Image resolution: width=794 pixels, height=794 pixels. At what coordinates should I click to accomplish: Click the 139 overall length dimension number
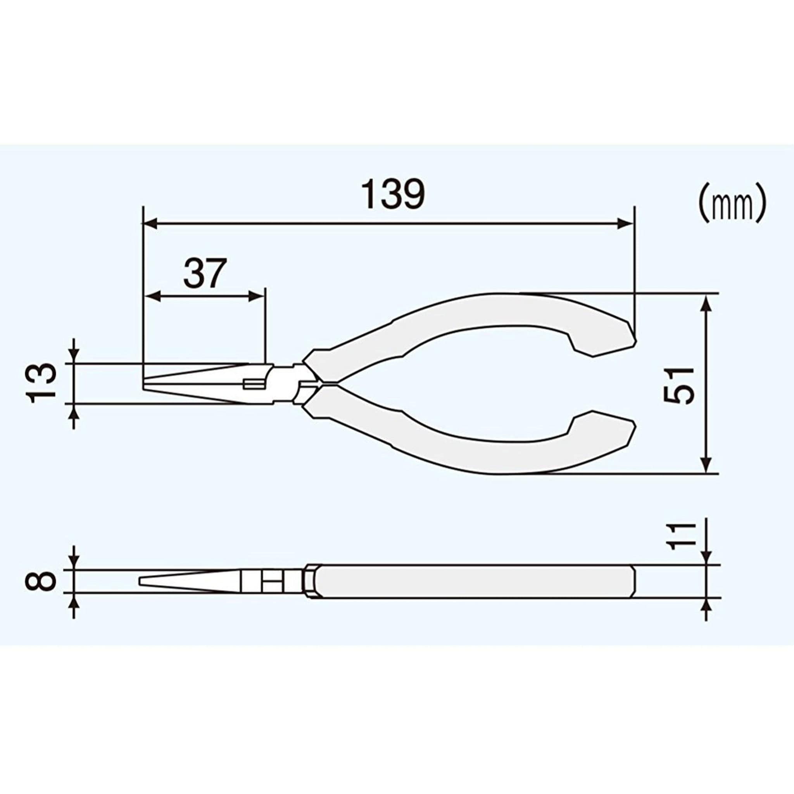pos(392,194)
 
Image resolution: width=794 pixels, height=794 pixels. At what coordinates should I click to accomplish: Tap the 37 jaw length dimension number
pos(204,273)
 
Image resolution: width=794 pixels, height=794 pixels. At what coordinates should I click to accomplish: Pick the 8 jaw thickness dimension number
pos(41,581)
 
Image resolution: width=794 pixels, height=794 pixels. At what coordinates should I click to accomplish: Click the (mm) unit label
pos(732,203)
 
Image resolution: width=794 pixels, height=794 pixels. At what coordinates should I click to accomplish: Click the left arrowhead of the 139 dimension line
pos(150,224)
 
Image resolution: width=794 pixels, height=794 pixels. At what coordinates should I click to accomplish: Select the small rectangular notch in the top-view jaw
pos(253,384)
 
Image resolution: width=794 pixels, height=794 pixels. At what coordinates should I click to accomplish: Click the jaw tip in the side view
pos(142,581)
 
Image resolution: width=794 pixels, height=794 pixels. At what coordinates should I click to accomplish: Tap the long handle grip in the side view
pos(473,581)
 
